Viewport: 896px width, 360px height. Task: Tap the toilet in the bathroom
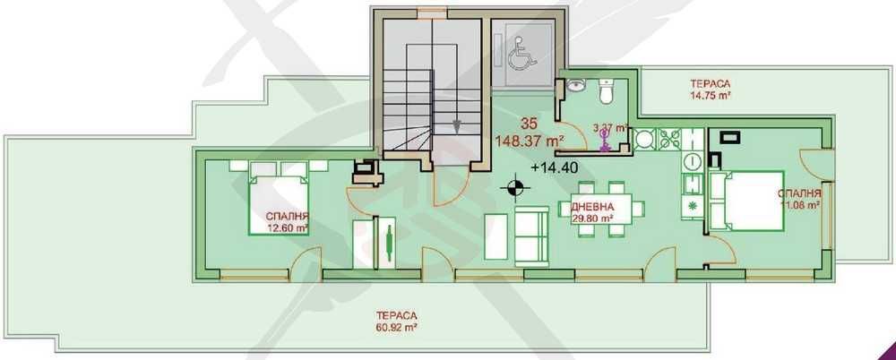(605, 91)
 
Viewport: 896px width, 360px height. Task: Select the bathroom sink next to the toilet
(577, 88)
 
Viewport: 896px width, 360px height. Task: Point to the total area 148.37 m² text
(530, 141)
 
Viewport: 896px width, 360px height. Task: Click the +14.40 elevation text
(552, 167)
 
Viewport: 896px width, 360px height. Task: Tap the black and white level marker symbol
(513, 187)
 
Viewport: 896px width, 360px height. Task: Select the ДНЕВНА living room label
(590, 208)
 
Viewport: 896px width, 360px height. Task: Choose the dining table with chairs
(614, 208)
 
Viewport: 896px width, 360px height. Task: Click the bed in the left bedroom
(279, 202)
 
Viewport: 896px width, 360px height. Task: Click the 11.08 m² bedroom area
(800, 205)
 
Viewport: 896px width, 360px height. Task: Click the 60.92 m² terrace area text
(394, 327)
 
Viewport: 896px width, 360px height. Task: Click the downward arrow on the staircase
(457, 125)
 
